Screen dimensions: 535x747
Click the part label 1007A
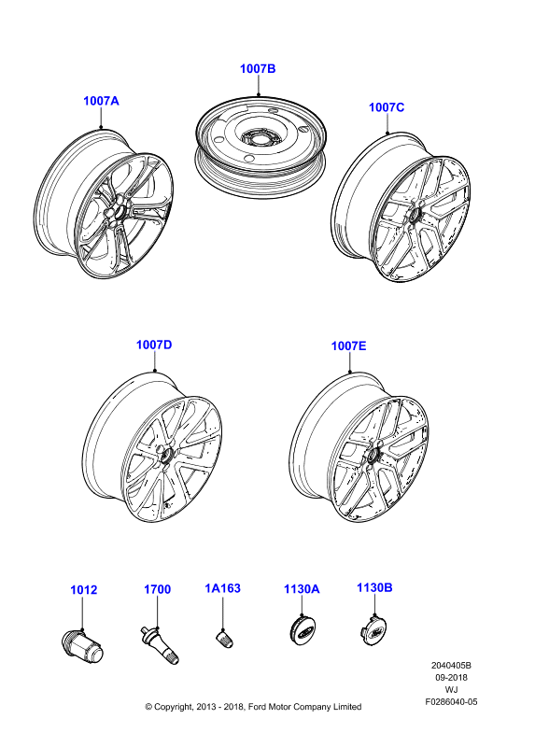(x=101, y=101)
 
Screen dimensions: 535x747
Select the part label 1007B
(x=258, y=68)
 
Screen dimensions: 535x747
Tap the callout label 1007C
(x=387, y=107)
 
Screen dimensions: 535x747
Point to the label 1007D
(x=154, y=345)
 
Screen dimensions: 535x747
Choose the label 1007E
(x=348, y=345)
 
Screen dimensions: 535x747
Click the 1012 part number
(x=83, y=590)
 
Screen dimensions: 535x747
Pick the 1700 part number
(x=157, y=589)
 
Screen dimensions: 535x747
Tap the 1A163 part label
(x=222, y=588)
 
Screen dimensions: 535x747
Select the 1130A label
(x=302, y=589)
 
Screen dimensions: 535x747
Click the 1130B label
(x=374, y=588)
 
